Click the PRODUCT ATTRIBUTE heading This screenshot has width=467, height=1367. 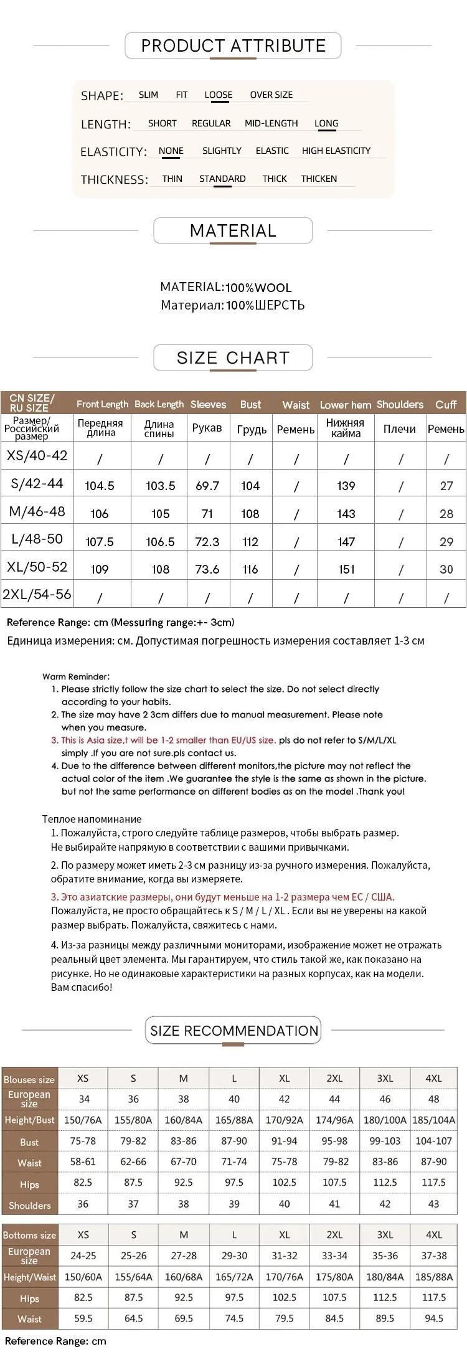tap(233, 45)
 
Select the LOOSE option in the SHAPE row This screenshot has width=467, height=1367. tap(218, 95)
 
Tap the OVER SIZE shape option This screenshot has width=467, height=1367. tap(271, 95)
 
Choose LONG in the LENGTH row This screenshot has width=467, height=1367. tap(326, 123)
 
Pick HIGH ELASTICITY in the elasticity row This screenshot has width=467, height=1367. tap(336, 151)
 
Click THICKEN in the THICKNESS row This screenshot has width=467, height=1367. tap(319, 179)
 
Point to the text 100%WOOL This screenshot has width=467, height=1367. tap(258, 288)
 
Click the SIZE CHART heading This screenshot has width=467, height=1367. tap(233, 357)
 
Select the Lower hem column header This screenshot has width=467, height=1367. tap(346, 405)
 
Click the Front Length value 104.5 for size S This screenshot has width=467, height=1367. tap(100, 486)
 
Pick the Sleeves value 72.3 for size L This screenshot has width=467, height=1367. tap(207, 541)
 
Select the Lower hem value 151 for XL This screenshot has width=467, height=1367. tap(346, 569)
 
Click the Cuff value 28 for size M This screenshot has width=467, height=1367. tap(446, 514)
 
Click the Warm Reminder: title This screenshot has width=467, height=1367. tap(76, 676)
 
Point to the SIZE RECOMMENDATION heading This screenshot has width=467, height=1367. tap(233, 1031)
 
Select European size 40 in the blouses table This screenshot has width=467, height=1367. tap(234, 1099)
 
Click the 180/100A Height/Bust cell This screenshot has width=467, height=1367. tap(385, 1120)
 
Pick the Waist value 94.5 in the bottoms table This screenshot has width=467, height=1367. tap(434, 1318)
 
